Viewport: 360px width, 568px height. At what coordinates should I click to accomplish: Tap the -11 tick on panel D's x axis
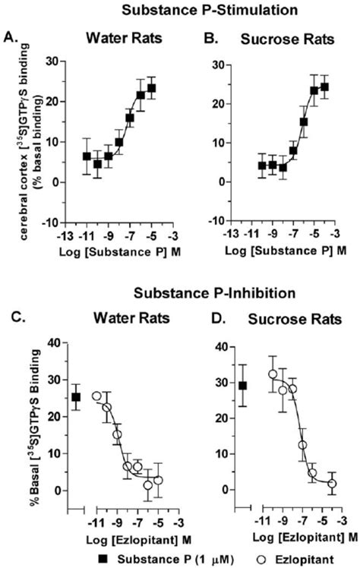point(257,522)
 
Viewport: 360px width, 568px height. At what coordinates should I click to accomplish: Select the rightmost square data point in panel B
point(324,87)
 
